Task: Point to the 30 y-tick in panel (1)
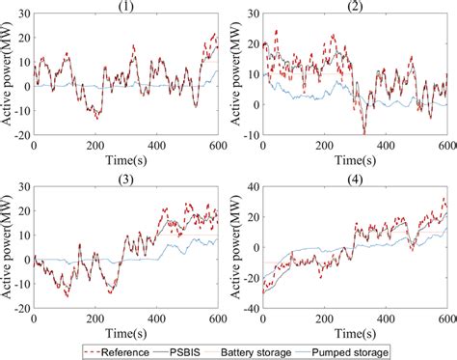click(23, 14)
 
